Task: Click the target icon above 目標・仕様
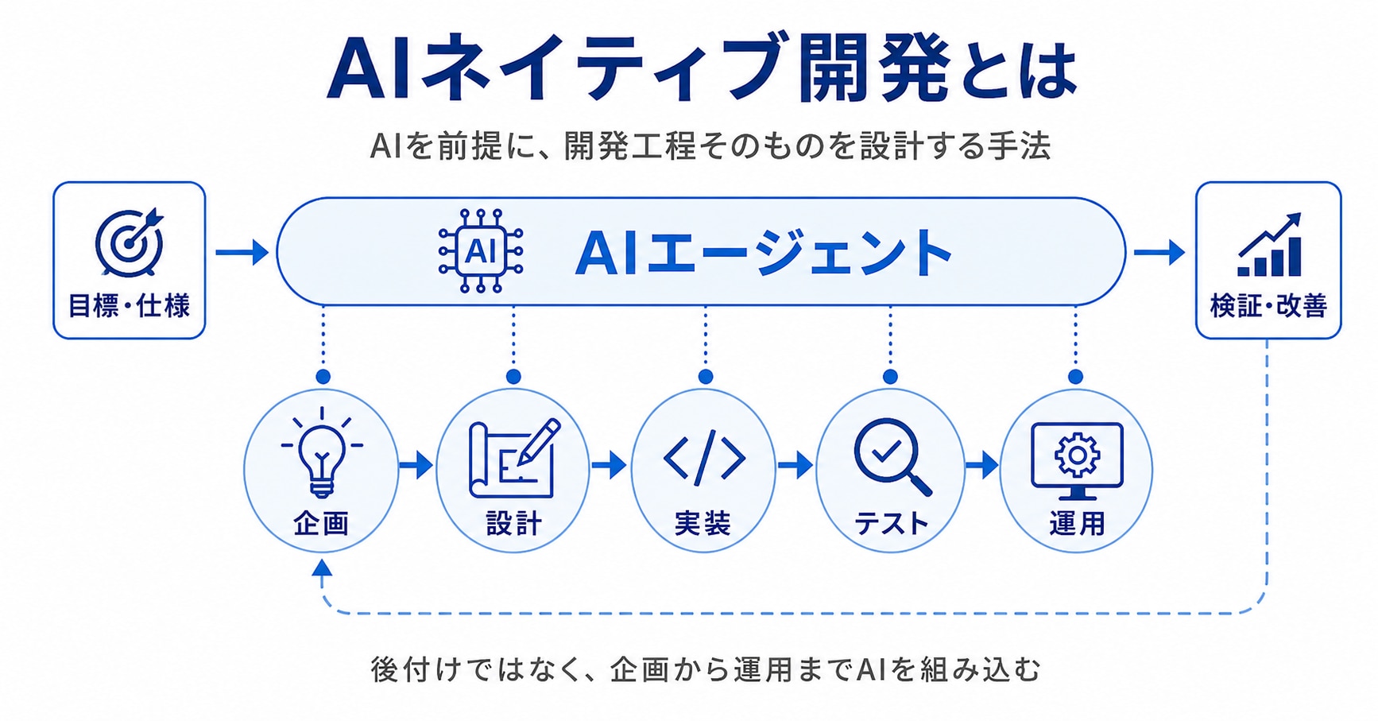pyautogui.click(x=129, y=242)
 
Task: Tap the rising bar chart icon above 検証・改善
pyautogui.click(x=1269, y=244)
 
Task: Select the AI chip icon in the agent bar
pyautogui.click(x=481, y=251)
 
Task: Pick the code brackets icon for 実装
pyautogui.click(x=704, y=459)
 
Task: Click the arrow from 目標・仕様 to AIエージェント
pyautogui.click(x=242, y=252)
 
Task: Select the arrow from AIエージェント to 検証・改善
pyautogui.click(x=1159, y=252)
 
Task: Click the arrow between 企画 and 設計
pyautogui.click(x=416, y=464)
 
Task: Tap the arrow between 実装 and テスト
pyautogui.click(x=795, y=464)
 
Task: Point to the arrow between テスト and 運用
pyautogui.click(x=981, y=464)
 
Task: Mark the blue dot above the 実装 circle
pyautogui.click(x=706, y=376)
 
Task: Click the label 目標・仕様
pyautogui.click(x=129, y=306)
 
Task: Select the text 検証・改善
pyautogui.click(x=1268, y=306)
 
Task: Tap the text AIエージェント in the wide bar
pyautogui.click(x=763, y=253)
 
